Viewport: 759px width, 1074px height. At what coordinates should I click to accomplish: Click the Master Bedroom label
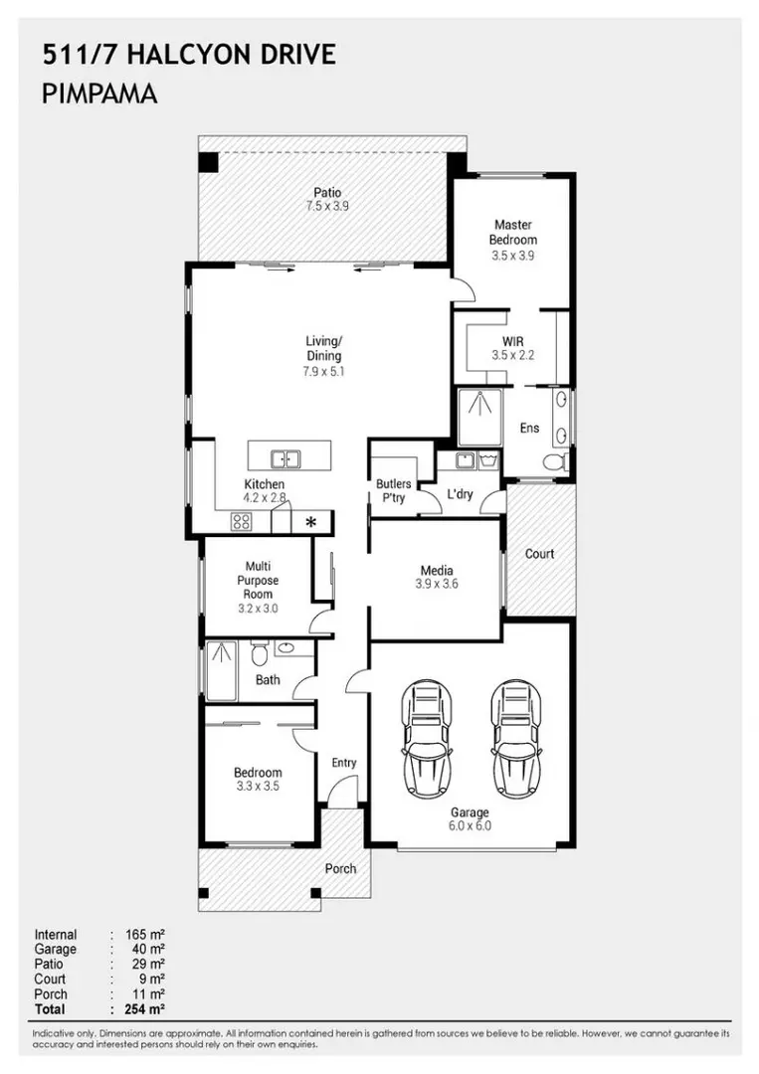coord(513,233)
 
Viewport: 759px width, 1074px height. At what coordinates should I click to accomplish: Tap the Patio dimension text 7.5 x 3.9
coord(327,207)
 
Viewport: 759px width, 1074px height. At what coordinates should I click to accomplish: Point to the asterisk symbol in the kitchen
coord(311,522)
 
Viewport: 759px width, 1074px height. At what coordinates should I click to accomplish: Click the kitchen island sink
coord(285,458)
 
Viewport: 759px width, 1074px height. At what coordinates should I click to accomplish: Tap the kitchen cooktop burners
coord(242,520)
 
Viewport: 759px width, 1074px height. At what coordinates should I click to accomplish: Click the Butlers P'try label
coord(393,491)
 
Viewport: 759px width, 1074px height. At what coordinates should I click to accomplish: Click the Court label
coord(539,554)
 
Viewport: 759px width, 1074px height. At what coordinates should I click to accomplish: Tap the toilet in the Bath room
coord(259,654)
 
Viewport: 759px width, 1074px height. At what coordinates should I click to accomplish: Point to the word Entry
coord(344,763)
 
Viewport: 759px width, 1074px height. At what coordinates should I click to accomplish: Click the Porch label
coord(340,868)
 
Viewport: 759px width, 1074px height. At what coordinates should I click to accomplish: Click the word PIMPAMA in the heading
coord(101,95)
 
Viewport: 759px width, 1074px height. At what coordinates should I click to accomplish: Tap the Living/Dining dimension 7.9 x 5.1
coord(323,371)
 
